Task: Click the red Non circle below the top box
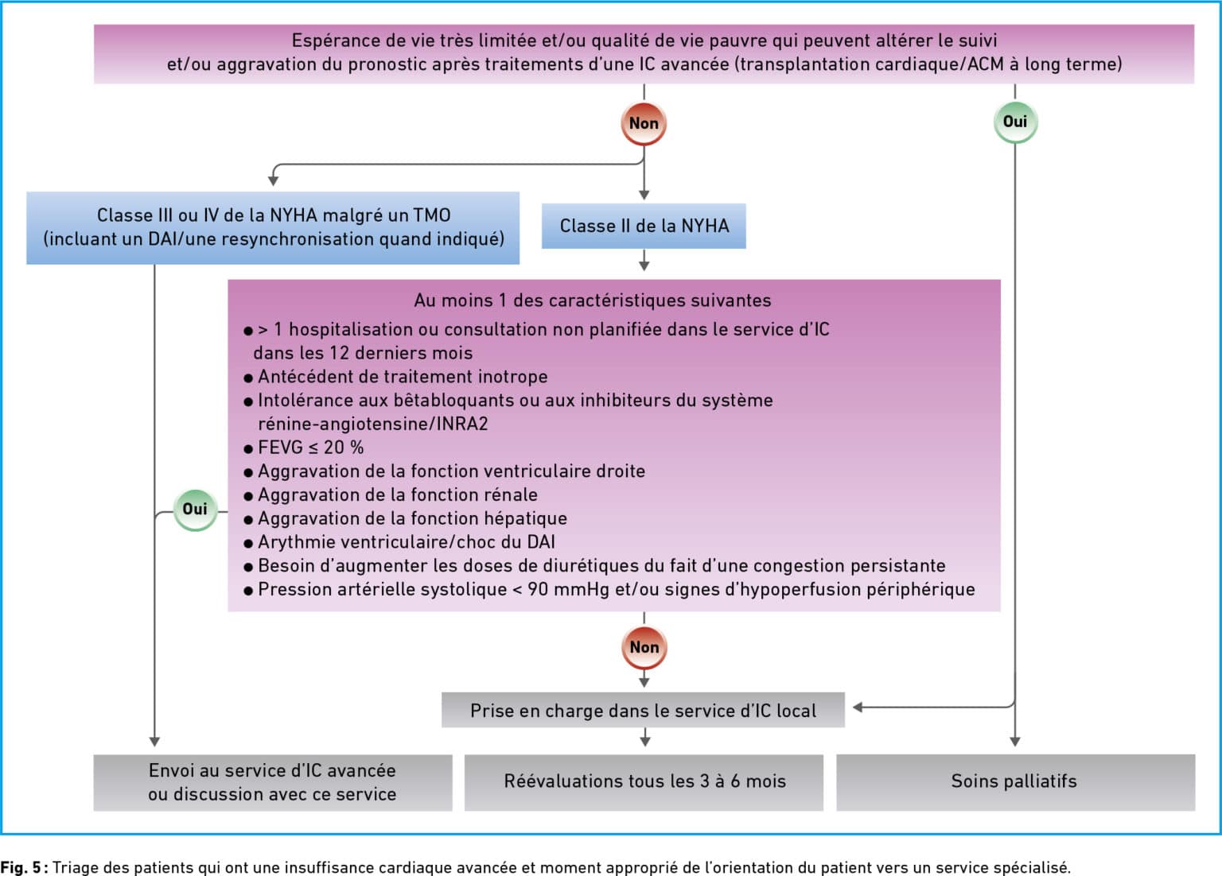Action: pos(644,123)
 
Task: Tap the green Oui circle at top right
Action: pos(1015,122)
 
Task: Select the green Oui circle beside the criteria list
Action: pos(195,509)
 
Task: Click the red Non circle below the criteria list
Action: pos(644,647)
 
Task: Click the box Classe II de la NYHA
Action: pos(644,226)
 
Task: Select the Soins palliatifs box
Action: pos(1015,781)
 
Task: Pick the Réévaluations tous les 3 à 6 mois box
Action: pos(644,781)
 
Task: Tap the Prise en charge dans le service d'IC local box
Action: pos(643,711)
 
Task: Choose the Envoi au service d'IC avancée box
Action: pos(273,781)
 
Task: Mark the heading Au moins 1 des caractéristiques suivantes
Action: pos(593,300)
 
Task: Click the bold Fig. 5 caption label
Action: pos(21,866)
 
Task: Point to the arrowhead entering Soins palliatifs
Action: pos(1015,742)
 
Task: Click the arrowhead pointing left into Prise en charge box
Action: pos(858,707)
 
